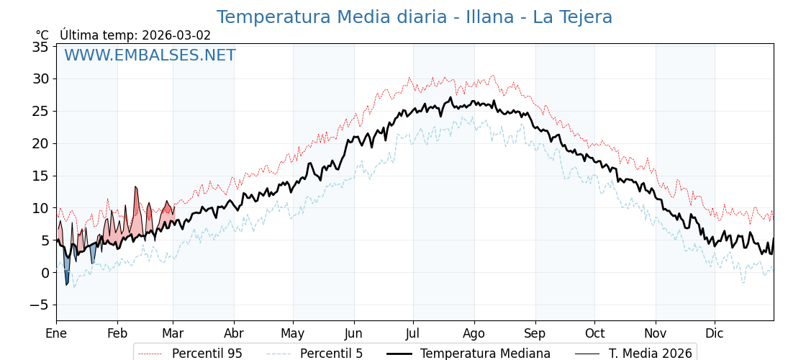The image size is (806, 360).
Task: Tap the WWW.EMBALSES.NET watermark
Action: (150, 55)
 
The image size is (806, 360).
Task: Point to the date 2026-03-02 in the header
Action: (176, 35)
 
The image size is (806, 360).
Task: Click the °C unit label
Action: (42, 35)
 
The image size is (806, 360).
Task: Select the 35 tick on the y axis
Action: (40, 47)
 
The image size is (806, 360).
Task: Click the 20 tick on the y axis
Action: (40, 143)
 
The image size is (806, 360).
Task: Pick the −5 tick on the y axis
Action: (37, 305)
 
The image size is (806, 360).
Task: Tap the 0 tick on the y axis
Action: (45, 272)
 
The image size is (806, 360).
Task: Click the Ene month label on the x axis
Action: (56, 333)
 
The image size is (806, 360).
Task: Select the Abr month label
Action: (234, 333)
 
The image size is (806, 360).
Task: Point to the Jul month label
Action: (413, 333)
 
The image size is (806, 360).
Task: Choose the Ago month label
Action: (474, 333)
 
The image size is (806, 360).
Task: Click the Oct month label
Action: (594, 333)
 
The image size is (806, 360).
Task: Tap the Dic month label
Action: (715, 333)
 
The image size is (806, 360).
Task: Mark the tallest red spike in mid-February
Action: (135, 191)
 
